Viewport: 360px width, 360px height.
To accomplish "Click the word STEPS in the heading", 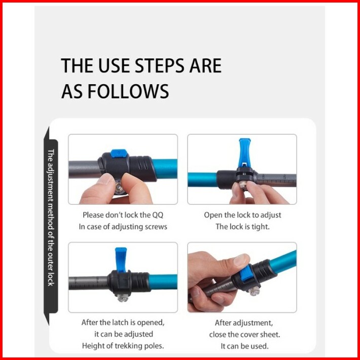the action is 159,66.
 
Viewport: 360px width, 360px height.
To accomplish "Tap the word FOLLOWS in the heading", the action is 128,91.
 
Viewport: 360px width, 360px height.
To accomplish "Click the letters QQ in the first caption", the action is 158,215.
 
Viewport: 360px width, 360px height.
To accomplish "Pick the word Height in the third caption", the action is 92,346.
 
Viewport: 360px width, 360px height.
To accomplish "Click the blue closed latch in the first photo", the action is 119,153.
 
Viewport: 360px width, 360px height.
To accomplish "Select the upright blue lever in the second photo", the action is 244,152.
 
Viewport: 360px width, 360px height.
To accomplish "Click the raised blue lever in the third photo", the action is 121,260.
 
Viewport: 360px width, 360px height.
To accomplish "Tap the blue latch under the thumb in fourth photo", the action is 246,273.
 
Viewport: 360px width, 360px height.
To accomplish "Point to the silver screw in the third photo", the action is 122,298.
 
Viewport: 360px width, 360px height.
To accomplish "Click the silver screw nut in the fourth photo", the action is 254,291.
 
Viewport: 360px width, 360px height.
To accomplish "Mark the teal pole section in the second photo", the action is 202,179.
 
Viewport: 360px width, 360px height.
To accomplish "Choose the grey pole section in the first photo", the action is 85,169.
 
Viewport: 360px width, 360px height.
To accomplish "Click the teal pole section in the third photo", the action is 163,282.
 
